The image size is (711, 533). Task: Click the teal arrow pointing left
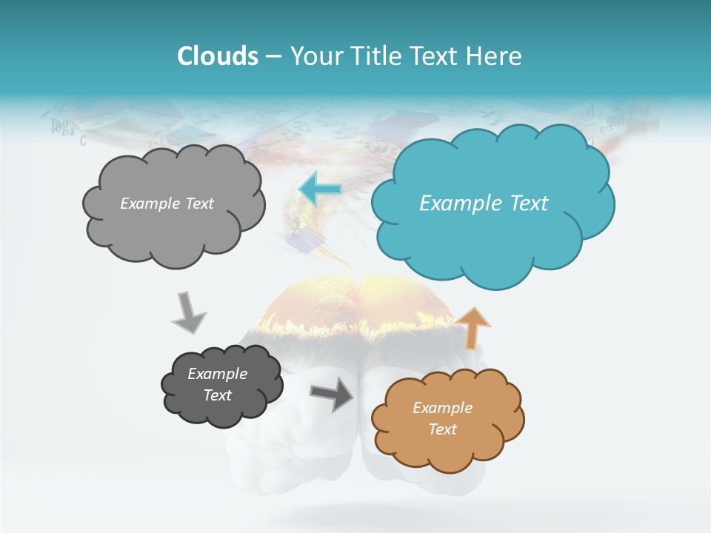tap(319, 189)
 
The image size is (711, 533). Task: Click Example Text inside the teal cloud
tap(484, 204)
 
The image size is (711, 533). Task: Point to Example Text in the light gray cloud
tap(167, 204)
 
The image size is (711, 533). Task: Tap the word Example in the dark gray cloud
tap(217, 374)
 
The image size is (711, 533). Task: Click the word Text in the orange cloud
tap(442, 429)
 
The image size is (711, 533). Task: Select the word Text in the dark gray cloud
tap(217, 395)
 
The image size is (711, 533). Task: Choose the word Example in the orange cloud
tap(442, 408)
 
